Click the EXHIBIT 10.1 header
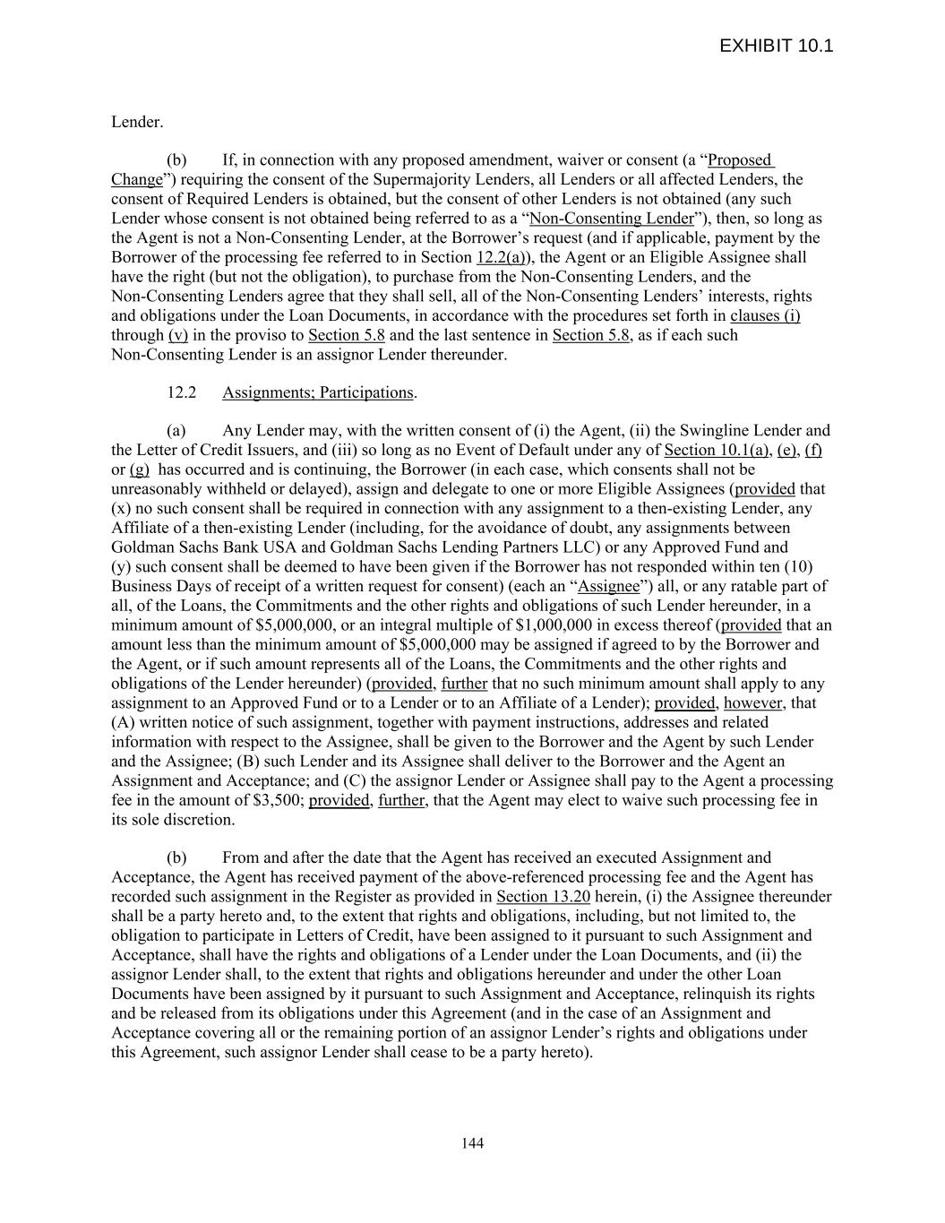[776, 46]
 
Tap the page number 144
[472, 1142]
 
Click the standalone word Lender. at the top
[137, 122]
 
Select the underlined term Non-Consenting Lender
[612, 219]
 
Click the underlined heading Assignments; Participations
[318, 392]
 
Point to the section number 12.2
[181, 392]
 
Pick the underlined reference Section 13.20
[543, 897]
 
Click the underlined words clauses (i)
[765, 316]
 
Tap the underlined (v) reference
[178, 336]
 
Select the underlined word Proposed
[740, 160]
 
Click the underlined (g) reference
[140, 469]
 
